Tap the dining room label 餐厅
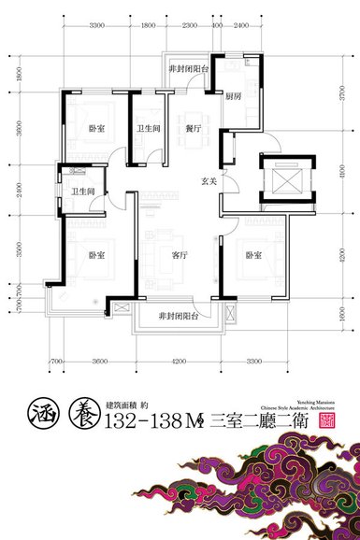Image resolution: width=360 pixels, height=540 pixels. coord(194,131)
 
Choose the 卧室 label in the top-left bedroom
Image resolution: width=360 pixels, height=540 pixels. coord(97,131)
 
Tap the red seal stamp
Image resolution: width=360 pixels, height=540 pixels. coord(327,420)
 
